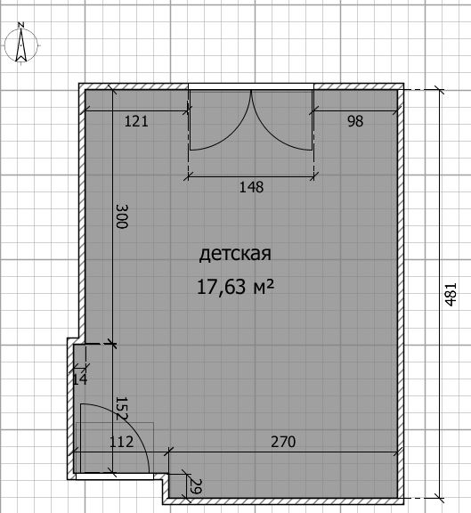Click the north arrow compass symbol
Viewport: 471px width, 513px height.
[21, 45]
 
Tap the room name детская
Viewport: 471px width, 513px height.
[235, 254]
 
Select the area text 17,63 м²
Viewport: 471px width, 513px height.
[235, 287]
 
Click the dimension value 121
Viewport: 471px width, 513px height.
[136, 121]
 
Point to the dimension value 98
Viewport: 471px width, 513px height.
[355, 121]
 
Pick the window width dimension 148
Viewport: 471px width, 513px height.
[251, 187]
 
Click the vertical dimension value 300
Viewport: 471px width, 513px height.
[122, 216]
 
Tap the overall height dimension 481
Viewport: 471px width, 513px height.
[451, 294]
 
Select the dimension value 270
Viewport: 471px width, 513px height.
[283, 442]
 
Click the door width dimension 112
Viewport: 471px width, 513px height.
[121, 442]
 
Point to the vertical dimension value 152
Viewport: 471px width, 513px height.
[121, 409]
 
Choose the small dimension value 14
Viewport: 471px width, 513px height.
[80, 379]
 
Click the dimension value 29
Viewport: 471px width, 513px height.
[196, 486]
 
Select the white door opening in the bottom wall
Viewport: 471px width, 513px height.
[115, 476]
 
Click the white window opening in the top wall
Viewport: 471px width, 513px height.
[251, 86]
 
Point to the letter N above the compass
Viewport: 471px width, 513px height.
[21, 25]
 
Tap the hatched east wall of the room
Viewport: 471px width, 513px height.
[401, 294]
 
